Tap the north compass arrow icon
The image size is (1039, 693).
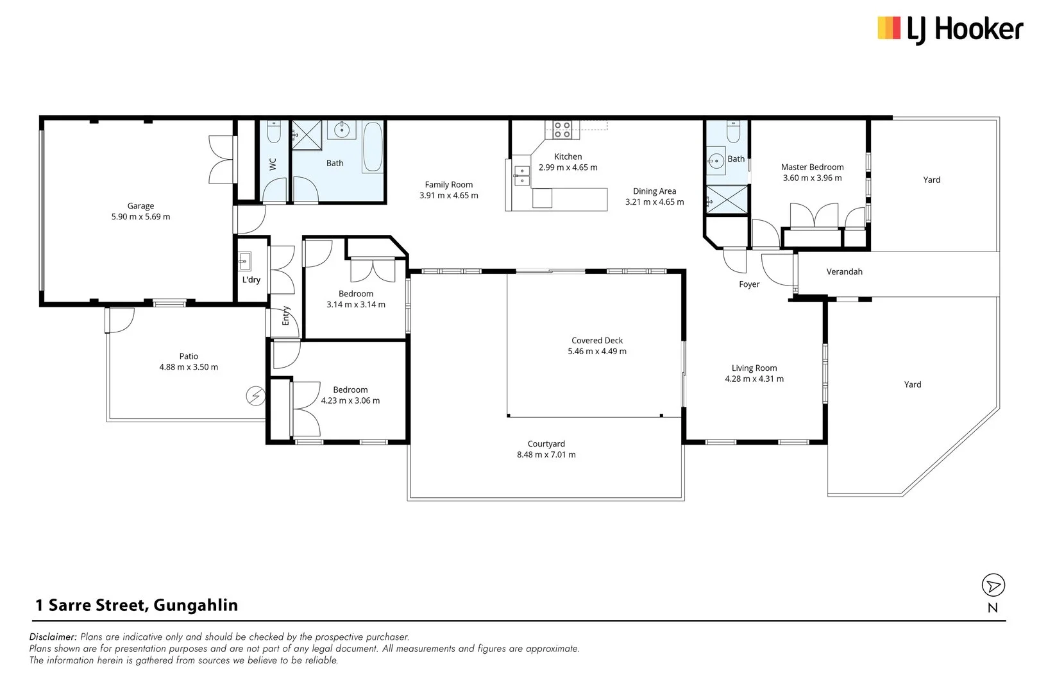[x=993, y=585]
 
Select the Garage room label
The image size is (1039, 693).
[x=140, y=206]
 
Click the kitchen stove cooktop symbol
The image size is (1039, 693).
[x=562, y=130]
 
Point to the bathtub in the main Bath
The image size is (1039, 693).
[x=373, y=147]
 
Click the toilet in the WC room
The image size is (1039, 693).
[x=274, y=132]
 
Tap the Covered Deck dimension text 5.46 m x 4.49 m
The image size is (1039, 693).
[x=597, y=352]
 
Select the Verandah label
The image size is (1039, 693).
[x=844, y=272]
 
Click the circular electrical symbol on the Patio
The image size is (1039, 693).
[x=256, y=396]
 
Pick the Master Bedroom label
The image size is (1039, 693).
[x=812, y=167]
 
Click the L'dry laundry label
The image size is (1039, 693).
[x=251, y=280]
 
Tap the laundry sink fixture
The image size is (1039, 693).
[x=244, y=261]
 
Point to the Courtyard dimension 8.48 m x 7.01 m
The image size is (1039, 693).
[x=546, y=455]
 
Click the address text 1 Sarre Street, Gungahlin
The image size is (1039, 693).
[x=137, y=605]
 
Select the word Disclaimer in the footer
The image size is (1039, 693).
[x=53, y=637]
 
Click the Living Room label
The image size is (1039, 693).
[x=754, y=368]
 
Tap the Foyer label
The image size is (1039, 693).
[x=749, y=284]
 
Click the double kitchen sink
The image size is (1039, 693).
[x=521, y=175]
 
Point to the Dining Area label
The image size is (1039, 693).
[x=654, y=191]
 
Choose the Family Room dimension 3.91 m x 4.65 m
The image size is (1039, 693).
[x=448, y=196]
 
